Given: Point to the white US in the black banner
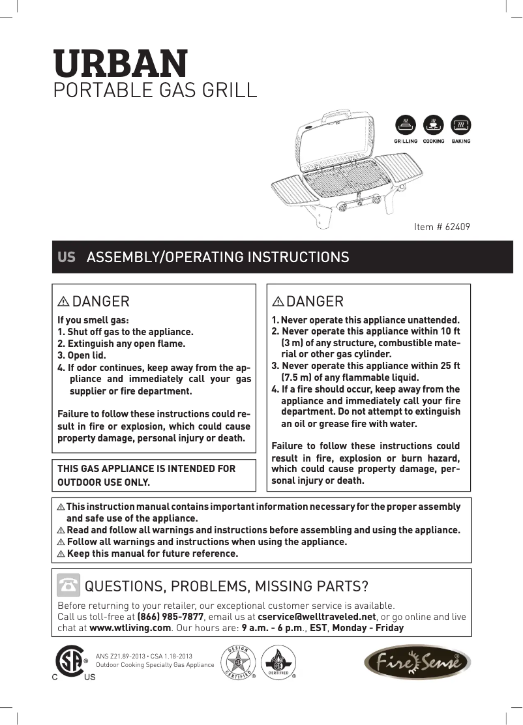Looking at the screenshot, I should tap(67, 257).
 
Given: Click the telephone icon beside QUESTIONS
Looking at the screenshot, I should tap(68, 584).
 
